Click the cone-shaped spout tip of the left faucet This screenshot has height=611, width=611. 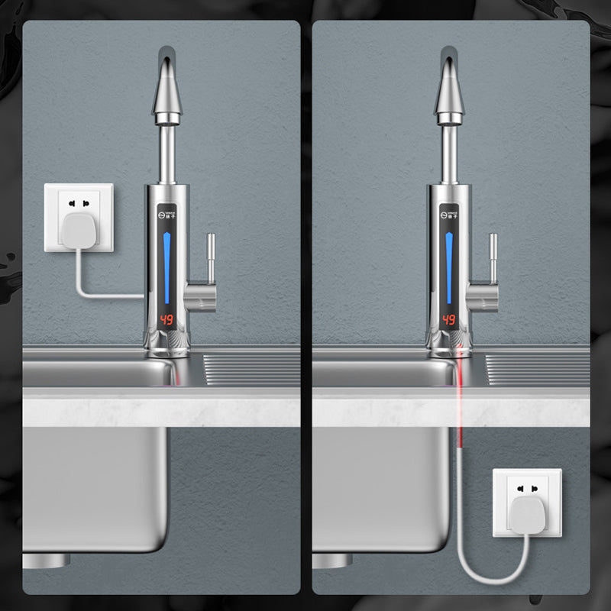pos(167,92)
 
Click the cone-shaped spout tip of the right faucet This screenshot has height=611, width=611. pos(451,92)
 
